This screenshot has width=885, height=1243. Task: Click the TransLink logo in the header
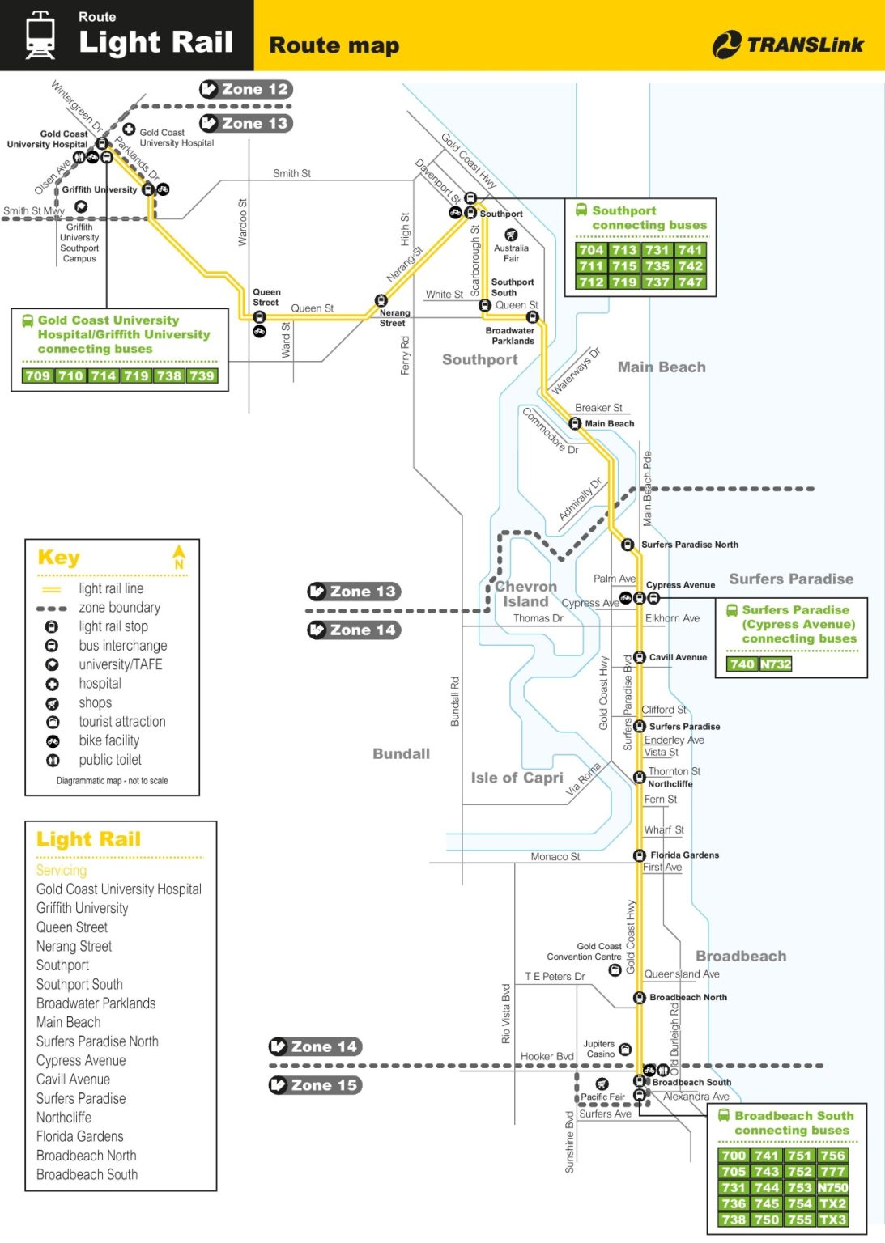788,45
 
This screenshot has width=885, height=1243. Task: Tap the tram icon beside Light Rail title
40,35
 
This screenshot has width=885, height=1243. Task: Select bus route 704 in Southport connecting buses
591,250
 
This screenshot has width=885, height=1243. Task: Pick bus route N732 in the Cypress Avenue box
776,664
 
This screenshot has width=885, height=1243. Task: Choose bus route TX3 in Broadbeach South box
833,1220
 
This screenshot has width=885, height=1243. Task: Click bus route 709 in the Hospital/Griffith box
38,375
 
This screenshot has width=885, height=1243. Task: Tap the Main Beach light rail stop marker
575,424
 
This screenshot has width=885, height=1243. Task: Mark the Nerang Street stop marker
381,300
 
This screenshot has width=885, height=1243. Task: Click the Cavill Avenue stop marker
640,657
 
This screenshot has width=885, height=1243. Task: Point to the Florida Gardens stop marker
640,855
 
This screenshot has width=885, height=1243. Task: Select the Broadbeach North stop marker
640,997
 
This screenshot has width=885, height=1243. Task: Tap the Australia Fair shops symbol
511,235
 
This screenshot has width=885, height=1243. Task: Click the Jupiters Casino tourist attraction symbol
625,1049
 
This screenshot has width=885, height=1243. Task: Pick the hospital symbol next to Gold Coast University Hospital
129,129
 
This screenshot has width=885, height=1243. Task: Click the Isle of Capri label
517,778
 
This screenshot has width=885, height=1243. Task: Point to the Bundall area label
402,753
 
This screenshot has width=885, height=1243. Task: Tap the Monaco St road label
555,856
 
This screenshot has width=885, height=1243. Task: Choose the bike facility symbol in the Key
52,740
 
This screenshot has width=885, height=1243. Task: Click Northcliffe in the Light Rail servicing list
64,1117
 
